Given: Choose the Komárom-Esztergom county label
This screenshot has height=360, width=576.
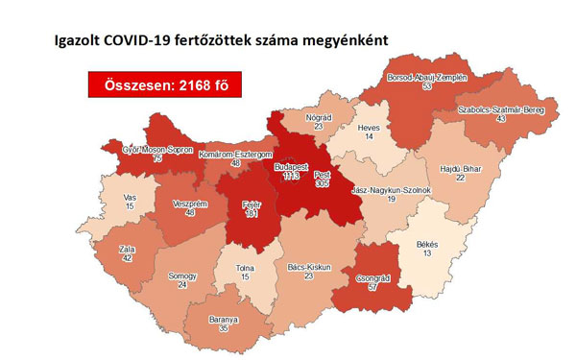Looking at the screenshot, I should pyautogui.click(x=236, y=155).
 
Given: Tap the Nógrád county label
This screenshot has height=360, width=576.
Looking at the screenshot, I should pyautogui.click(x=318, y=114).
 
